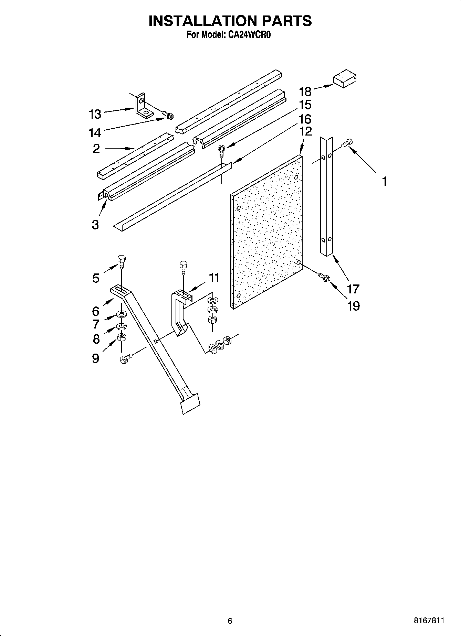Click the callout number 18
coord(305,91)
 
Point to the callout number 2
coord(96,149)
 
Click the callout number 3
coord(95,225)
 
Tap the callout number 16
coord(305,119)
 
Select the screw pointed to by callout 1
coord(347,143)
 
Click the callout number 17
coord(353,289)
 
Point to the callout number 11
coord(214,278)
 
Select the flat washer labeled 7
coord(121,314)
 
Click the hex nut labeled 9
coord(121,337)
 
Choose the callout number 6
coord(96,311)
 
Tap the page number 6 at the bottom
coord(230,621)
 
